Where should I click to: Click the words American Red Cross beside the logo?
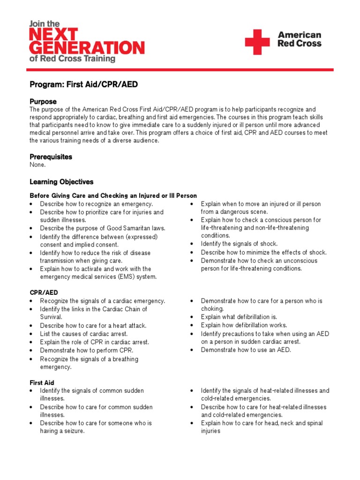[299, 39]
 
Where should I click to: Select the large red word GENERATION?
[87, 47]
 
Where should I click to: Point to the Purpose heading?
[43, 101]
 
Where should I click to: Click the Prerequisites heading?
[51, 157]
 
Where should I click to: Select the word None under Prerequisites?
[37, 165]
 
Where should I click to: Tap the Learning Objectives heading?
[61, 181]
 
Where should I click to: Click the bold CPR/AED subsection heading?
[44, 292]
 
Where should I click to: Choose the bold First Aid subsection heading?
[42, 382]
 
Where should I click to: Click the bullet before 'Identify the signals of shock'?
[192, 244]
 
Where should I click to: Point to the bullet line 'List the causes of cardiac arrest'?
[83, 334]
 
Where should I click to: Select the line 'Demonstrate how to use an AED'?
[246, 350]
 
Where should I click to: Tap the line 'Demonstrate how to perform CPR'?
[86, 350]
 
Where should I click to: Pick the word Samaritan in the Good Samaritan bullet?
[135, 228]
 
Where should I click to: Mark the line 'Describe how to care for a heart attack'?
[93, 325]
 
